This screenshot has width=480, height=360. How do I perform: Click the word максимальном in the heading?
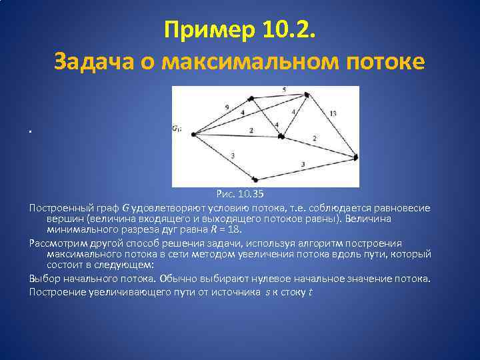pyautogui.click(x=237, y=61)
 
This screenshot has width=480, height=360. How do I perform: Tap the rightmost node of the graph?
pyautogui.click(x=356, y=157)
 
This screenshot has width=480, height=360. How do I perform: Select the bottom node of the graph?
pyautogui.click(x=255, y=179)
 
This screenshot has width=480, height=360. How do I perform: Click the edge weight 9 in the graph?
pyautogui.click(x=227, y=106)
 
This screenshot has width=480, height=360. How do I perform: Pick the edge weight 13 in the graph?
pyautogui.click(x=332, y=113)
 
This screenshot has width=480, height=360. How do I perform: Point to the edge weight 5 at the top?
pyautogui.click(x=284, y=89)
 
